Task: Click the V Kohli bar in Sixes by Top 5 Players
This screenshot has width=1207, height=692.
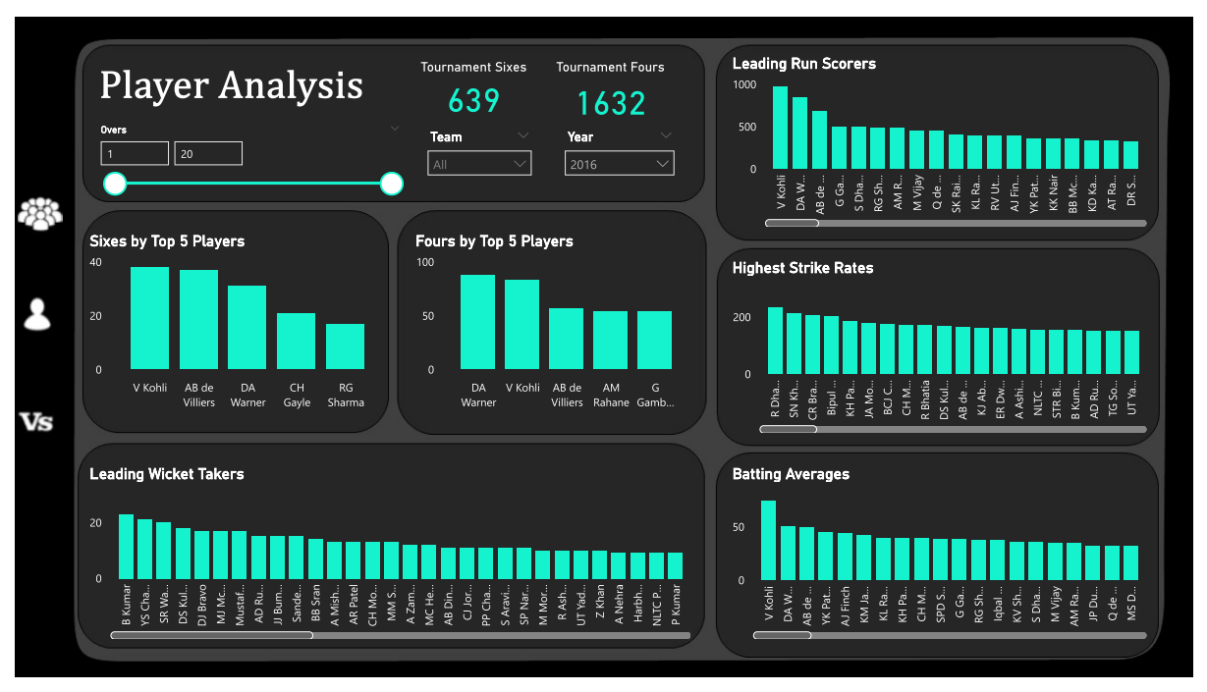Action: pyautogui.click(x=149, y=317)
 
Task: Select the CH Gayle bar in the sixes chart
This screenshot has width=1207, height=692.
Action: pyautogui.click(x=296, y=341)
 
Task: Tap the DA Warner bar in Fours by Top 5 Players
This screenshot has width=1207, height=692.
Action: pyautogui.click(x=477, y=321)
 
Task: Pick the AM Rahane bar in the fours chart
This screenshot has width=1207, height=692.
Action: pyautogui.click(x=610, y=340)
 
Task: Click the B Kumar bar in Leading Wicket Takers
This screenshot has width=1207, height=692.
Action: pyautogui.click(x=126, y=546)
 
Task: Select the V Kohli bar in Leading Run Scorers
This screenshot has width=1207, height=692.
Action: pyautogui.click(x=780, y=128)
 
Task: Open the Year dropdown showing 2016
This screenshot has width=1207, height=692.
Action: pyautogui.click(x=619, y=164)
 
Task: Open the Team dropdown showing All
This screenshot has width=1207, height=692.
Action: pyautogui.click(x=479, y=164)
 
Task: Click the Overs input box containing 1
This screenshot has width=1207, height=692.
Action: pyautogui.click(x=135, y=153)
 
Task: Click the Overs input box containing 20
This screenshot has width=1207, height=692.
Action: pyautogui.click(x=208, y=153)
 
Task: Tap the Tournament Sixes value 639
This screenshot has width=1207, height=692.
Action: pyautogui.click(x=473, y=101)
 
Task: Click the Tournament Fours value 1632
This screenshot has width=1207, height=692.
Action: pyautogui.click(x=611, y=103)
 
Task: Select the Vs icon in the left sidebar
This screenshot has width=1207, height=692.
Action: pyautogui.click(x=37, y=422)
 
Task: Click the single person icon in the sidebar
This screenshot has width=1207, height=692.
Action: pyautogui.click(x=37, y=314)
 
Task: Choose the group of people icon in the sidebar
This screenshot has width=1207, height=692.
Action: pyautogui.click(x=39, y=213)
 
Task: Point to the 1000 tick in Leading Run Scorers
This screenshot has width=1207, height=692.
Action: pyautogui.click(x=744, y=85)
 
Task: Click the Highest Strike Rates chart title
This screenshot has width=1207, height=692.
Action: pyautogui.click(x=802, y=268)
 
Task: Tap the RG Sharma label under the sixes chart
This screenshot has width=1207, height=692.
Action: pyautogui.click(x=345, y=395)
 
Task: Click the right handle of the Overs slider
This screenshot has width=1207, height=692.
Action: pyautogui.click(x=392, y=184)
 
